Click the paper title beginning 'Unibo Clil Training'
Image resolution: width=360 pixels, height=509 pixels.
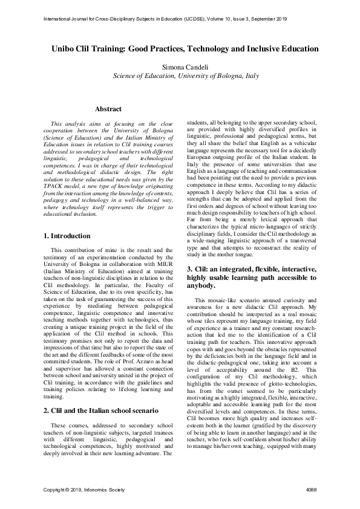coord(180,48)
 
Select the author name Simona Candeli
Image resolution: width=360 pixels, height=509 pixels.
coord(180,66)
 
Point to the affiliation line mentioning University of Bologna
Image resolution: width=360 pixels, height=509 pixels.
coord(180,76)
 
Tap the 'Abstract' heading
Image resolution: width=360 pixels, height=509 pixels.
coord(108,109)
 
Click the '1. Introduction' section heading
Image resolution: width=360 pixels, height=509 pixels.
coord(62,235)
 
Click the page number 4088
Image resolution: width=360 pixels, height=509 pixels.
coord(312,488)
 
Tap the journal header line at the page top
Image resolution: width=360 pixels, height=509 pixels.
coord(180,19)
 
